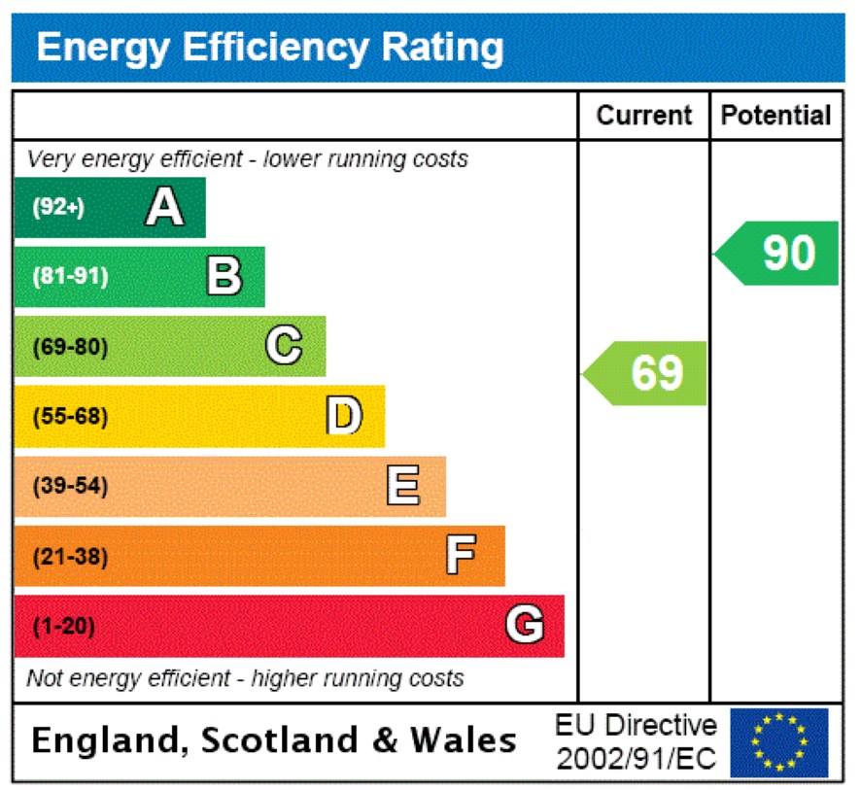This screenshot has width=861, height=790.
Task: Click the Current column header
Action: coord(643,116)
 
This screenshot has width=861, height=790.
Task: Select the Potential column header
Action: coord(775,116)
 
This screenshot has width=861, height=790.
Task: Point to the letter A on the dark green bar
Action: coord(164,207)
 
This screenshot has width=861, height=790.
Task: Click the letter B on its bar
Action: coord(224,277)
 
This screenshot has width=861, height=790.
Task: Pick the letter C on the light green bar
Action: coord(284,346)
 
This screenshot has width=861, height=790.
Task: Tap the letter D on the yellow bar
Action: coord(343,416)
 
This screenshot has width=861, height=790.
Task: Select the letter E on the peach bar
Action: coord(403,486)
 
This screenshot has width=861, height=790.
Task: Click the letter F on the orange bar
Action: coord(461,557)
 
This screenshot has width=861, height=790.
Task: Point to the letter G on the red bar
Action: coord(524,626)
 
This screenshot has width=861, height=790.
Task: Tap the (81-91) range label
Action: coord(70,277)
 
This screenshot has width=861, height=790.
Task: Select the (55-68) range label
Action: coord(70,417)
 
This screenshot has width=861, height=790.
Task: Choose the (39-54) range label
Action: coord(70,487)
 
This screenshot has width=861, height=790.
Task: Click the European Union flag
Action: coord(778,742)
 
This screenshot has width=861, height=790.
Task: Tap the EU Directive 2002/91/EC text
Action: coord(637,742)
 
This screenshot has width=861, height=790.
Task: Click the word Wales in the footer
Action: coord(463,741)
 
